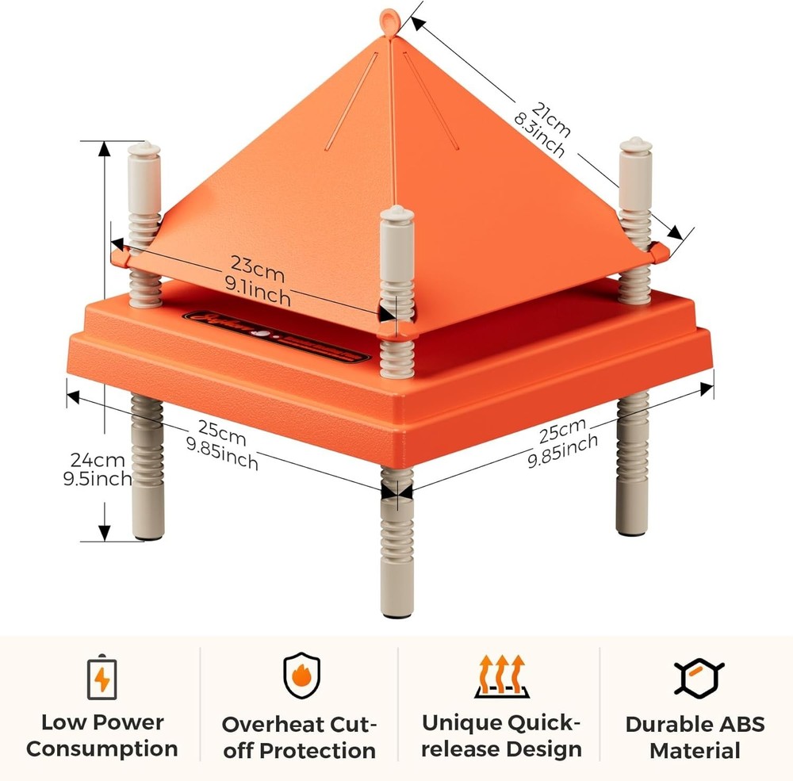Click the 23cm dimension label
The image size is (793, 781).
tap(257, 263)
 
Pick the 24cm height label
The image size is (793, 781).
tap(98, 460)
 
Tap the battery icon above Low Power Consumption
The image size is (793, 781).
tap(102, 678)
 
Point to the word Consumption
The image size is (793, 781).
tap(102, 749)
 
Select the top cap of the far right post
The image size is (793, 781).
tap(635, 146)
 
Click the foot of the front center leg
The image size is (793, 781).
tap(396, 609)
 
